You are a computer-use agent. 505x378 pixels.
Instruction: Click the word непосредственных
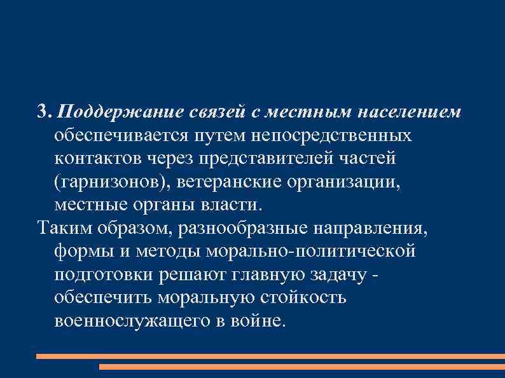pyautogui.click(x=331, y=137)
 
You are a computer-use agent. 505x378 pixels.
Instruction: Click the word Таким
pyautogui.click(x=62, y=229)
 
